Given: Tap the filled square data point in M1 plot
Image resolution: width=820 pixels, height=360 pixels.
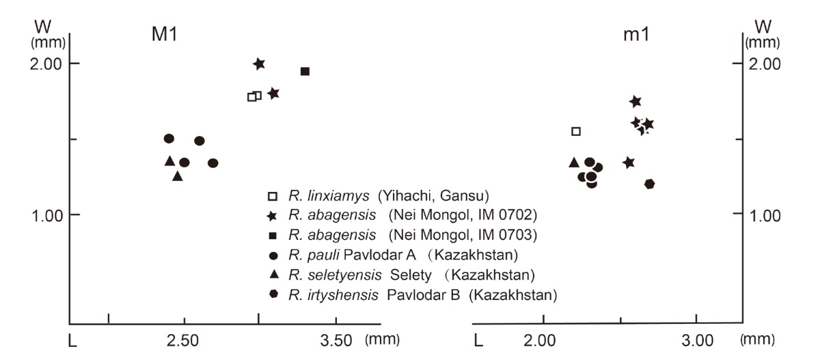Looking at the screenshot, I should point(305,71).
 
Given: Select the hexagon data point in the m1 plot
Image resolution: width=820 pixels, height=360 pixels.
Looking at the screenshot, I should point(649,184).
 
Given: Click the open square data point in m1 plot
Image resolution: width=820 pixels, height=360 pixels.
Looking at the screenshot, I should point(576,131).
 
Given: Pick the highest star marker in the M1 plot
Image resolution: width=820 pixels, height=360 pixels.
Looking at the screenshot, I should point(259,64).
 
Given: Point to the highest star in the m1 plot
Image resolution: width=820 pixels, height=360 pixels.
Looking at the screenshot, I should point(635,102).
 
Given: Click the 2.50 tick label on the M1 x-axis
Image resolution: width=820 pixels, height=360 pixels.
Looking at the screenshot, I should point(183,339).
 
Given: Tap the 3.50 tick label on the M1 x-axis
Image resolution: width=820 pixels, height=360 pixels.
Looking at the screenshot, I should point(336,339).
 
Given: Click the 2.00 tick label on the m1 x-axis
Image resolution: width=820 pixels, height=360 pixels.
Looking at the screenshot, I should point(543,339).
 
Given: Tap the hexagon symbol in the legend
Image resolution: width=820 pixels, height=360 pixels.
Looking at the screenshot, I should point(273,294).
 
